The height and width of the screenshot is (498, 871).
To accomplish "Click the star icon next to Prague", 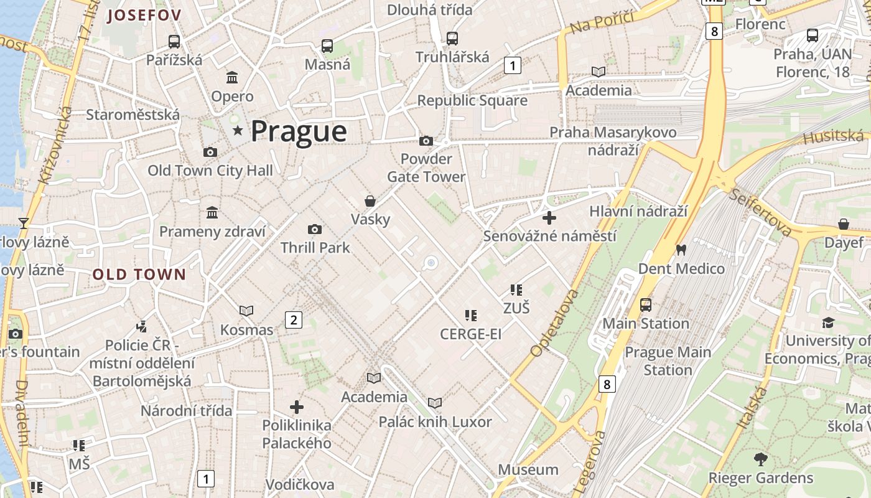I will click(x=237, y=131).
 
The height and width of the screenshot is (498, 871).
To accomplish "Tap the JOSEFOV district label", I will click(x=144, y=16).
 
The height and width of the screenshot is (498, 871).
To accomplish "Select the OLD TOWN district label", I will click(x=139, y=275).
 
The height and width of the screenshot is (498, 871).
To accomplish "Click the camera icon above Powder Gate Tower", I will click(x=426, y=141).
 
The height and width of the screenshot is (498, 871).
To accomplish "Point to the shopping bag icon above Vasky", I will click(x=370, y=201).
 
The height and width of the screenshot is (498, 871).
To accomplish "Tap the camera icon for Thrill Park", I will click(x=315, y=229).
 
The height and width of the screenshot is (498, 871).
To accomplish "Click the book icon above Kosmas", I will click(x=246, y=311).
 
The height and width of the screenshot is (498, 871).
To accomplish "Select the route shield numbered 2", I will click(x=293, y=320).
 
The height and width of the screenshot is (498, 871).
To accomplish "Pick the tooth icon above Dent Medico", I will click(x=681, y=250).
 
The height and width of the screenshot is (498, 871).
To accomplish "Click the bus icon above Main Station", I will click(x=646, y=305).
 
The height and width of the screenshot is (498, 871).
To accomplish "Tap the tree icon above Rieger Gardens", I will click(x=760, y=459).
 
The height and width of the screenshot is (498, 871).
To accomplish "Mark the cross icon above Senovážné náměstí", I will click(x=549, y=218).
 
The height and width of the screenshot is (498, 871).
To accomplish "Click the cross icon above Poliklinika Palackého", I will click(x=297, y=407).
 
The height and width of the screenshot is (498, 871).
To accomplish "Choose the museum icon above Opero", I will click(x=232, y=78).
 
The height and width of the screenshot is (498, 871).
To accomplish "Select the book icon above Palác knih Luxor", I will click(x=435, y=403).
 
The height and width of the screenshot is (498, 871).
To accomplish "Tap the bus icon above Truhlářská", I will click(x=452, y=39).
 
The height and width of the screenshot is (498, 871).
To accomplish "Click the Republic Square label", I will click(x=472, y=100).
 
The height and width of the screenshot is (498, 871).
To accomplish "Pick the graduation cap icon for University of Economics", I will click(x=828, y=322).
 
